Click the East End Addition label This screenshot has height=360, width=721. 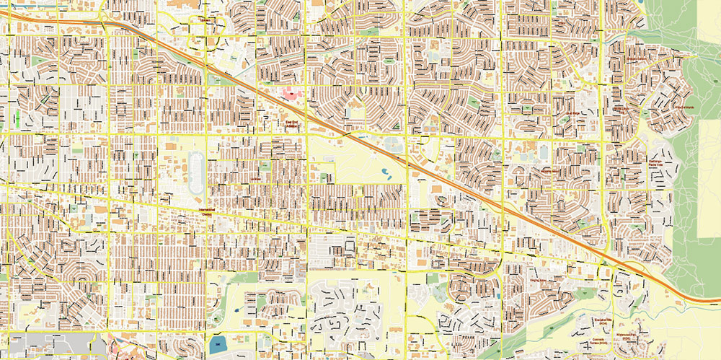pos(291,124)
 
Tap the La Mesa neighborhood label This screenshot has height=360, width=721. pos(255,178)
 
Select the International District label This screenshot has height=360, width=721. pos(207,211)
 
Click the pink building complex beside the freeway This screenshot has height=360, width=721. pos(291,95)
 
